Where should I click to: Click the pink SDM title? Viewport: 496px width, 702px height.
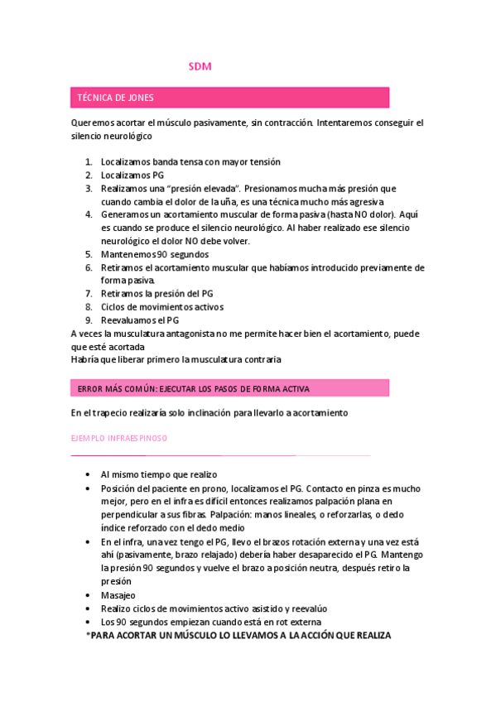click(x=200, y=66)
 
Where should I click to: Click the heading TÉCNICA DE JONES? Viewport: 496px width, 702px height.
click(x=115, y=98)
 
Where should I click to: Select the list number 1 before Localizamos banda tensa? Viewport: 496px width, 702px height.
click(x=89, y=161)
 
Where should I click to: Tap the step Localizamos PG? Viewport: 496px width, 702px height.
click(x=132, y=175)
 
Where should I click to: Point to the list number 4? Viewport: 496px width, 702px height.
click(x=89, y=214)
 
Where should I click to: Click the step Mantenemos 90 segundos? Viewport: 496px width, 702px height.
click(x=155, y=254)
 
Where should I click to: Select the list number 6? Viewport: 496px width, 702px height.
click(x=89, y=267)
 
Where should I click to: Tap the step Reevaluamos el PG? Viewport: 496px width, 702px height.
click(x=140, y=320)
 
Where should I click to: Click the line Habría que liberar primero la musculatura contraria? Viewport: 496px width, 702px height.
click(x=176, y=359)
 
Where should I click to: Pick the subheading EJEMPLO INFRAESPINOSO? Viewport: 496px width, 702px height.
click(x=119, y=438)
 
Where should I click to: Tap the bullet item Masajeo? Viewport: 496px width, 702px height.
click(x=118, y=594)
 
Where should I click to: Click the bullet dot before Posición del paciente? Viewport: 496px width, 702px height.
click(x=89, y=488)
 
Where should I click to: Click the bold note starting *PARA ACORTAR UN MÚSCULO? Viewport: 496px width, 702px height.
click(x=238, y=635)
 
